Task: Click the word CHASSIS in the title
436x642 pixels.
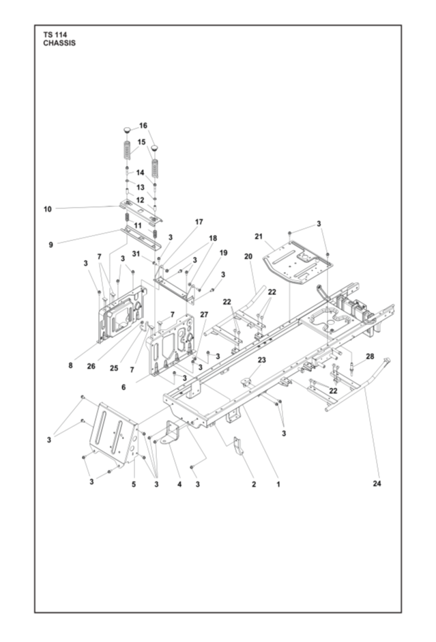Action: click(x=59, y=43)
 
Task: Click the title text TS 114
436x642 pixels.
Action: click(x=55, y=35)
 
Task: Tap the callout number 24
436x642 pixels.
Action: click(x=377, y=484)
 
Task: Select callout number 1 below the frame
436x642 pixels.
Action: click(x=278, y=484)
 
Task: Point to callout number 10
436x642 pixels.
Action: click(x=48, y=209)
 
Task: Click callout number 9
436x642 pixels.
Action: click(x=50, y=245)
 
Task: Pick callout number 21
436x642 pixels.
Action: click(x=259, y=236)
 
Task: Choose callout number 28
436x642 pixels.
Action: click(x=370, y=357)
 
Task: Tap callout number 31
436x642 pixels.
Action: click(x=136, y=254)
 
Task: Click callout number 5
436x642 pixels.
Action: click(x=133, y=484)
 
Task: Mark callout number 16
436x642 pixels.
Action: click(x=143, y=125)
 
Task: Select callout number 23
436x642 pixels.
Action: click(x=262, y=360)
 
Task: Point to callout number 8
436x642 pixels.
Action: click(x=70, y=365)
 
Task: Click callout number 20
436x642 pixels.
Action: click(x=248, y=256)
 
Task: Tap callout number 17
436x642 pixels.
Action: click(x=199, y=222)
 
